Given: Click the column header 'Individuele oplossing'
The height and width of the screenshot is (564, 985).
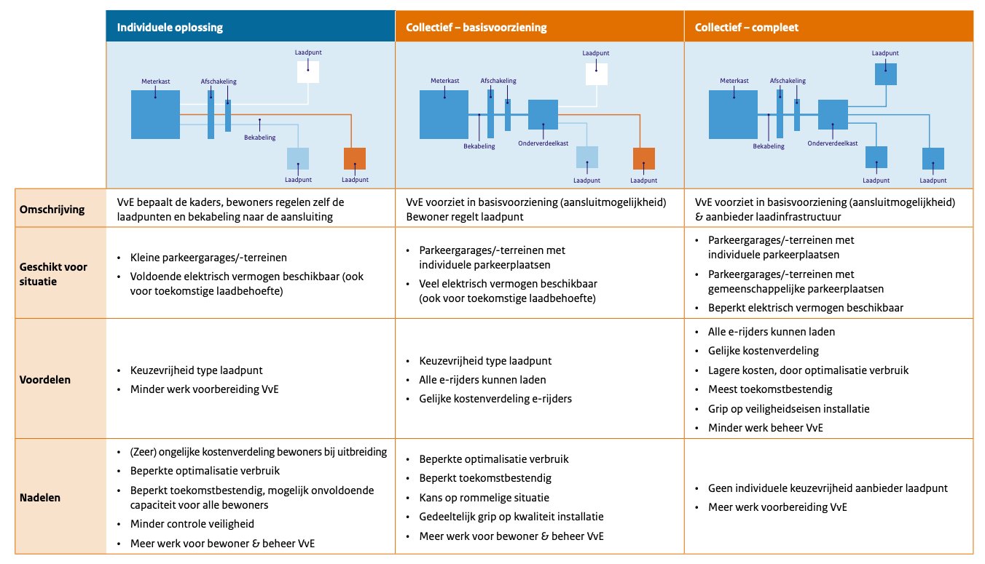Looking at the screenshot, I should pyautogui.click(x=170, y=28).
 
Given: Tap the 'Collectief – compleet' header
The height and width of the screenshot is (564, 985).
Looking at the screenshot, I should pyautogui.click(x=747, y=28).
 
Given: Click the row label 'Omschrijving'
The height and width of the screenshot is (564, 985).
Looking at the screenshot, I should pyautogui.click(x=52, y=210).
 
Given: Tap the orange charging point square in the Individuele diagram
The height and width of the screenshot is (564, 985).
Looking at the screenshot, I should pyautogui.click(x=355, y=158).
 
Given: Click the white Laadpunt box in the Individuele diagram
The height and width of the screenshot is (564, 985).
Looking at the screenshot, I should pyautogui.click(x=308, y=71).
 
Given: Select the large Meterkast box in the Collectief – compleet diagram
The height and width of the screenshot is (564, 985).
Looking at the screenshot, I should pyautogui.click(x=734, y=115).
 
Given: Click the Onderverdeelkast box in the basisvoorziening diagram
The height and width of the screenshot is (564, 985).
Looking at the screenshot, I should pyautogui.click(x=543, y=115).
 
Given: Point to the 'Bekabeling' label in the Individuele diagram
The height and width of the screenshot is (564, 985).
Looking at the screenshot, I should pyautogui.click(x=259, y=135).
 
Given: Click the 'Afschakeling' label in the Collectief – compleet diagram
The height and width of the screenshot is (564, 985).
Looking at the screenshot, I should pyautogui.click(x=788, y=81).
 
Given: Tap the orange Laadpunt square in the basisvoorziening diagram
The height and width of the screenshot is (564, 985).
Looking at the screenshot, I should pyautogui.click(x=644, y=158).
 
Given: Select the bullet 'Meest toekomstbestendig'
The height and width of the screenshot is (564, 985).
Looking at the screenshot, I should pyautogui.click(x=760, y=389).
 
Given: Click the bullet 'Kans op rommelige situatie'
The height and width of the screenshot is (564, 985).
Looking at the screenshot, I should pyautogui.click(x=484, y=498).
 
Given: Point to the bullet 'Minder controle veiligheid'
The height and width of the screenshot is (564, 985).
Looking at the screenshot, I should pyautogui.click(x=192, y=524).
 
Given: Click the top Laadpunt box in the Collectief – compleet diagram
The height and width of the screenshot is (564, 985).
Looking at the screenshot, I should pyautogui.click(x=886, y=74).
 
